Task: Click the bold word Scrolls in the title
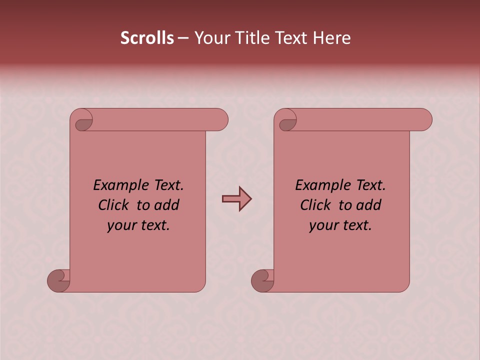click(147, 38)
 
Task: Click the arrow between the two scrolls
click(236, 199)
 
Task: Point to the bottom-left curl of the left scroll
click(58, 281)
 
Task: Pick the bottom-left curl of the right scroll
click(262, 281)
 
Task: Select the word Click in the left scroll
click(115, 205)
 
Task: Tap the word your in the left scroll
click(121, 225)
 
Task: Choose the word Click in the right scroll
click(315, 205)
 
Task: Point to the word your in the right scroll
click(323, 225)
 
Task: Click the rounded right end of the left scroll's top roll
click(220, 120)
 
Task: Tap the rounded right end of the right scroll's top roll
click(424, 120)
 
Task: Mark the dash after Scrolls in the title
click(183, 38)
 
